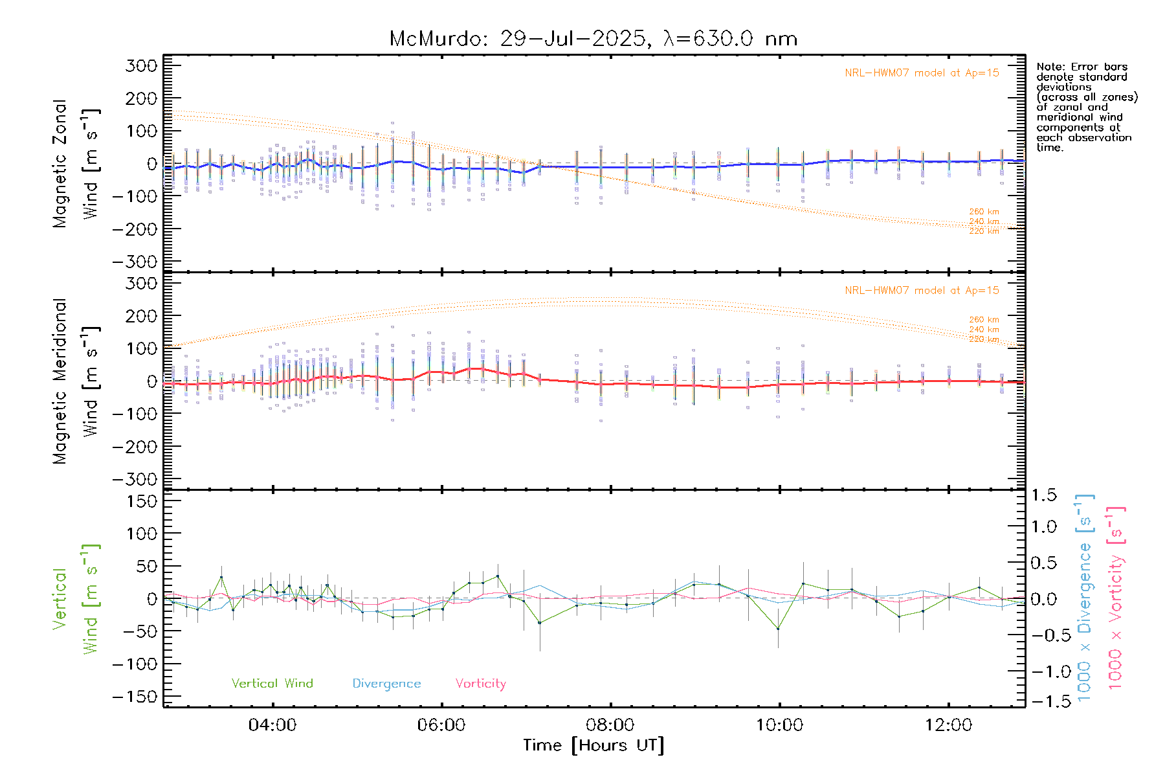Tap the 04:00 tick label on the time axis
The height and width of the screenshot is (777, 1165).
coord(272,725)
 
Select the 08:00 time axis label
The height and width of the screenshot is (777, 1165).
coord(610,725)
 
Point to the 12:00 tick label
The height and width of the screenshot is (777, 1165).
coord(948,725)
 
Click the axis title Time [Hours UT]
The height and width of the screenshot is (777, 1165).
coord(594,746)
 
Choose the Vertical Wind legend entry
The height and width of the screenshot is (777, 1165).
coord(272,683)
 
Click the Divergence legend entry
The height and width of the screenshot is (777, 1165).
coord(386,684)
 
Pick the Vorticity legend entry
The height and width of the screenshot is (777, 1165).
coord(480,684)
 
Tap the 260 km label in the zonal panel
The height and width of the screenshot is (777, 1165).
coord(984,212)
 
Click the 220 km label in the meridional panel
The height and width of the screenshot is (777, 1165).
coord(984,339)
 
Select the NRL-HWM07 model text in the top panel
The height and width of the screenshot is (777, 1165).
coord(922,73)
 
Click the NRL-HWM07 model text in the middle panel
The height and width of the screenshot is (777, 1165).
coord(922,291)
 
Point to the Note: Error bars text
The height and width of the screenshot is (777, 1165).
coord(1082,67)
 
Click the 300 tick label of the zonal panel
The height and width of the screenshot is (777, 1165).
coord(142,65)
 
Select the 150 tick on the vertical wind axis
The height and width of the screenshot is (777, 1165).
coord(142,501)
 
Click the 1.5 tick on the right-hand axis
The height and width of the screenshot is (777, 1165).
coord(1044,495)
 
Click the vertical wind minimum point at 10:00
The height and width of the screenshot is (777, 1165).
coord(778,629)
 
